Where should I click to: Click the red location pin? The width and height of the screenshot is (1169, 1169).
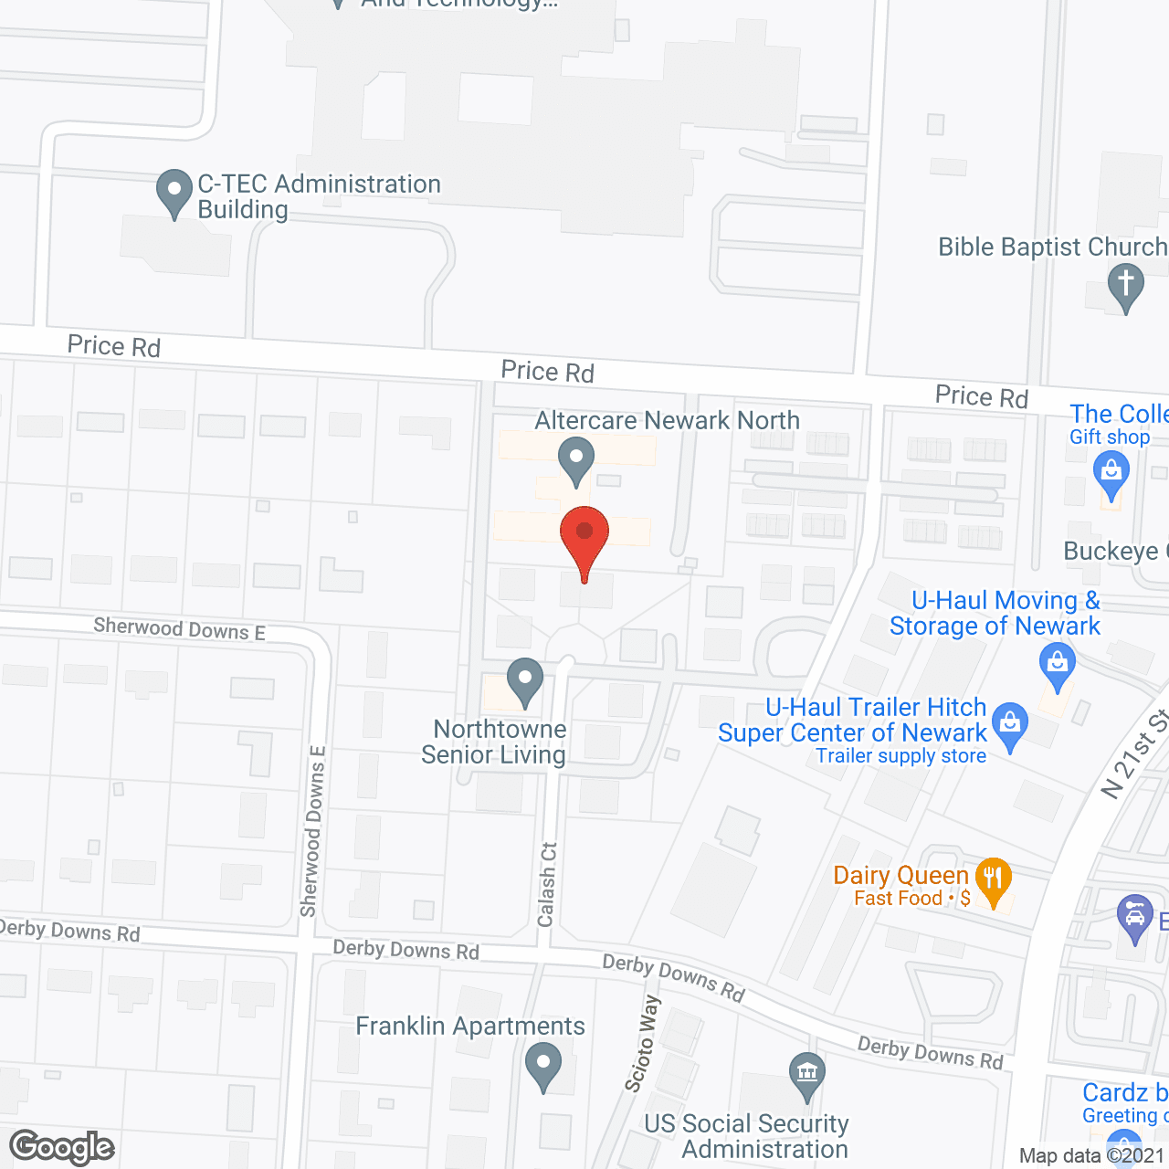pos(584,535)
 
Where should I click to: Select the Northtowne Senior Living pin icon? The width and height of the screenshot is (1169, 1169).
pos(525,679)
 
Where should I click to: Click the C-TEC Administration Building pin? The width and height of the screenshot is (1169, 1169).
pos(174,191)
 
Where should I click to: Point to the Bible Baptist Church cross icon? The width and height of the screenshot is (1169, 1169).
pos(1126,284)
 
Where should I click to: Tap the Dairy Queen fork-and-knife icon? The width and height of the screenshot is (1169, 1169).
pos(993,879)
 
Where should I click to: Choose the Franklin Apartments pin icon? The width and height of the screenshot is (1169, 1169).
pos(543,1064)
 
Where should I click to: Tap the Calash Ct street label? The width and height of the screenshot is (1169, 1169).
pos(547,884)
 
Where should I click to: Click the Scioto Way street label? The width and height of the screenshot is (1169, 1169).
pos(642,1044)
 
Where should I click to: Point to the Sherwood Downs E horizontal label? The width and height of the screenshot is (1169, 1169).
pos(179,628)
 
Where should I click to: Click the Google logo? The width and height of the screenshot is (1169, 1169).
pos(62,1147)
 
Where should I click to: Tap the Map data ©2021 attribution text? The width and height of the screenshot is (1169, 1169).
pos(1092,1155)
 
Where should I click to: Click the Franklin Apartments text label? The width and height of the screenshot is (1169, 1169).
pos(469,1027)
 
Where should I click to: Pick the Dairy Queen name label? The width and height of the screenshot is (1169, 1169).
pos(900,875)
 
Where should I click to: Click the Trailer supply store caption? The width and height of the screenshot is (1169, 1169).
pos(900,756)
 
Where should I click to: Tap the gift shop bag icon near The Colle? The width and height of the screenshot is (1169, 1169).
pos(1111,472)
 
